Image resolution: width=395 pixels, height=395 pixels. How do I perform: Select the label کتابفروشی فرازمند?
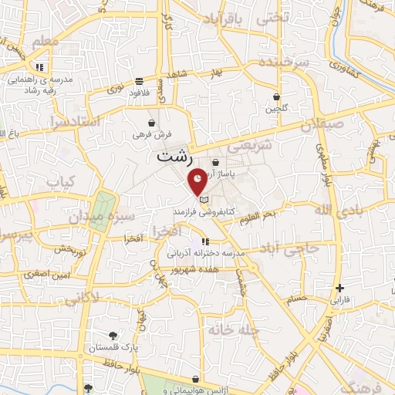click(204, 210)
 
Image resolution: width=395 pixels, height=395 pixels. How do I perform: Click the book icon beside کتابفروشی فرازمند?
click(204, 200)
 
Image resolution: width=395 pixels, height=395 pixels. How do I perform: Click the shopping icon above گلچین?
click(277, 97)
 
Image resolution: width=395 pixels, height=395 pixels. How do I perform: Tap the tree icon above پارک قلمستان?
click(113, 335)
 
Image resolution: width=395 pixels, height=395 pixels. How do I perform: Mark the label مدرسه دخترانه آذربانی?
click(206, 252)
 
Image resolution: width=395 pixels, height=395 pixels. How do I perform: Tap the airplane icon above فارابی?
click(340, 287)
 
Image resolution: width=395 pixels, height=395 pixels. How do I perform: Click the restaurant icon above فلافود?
click(139, 81)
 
